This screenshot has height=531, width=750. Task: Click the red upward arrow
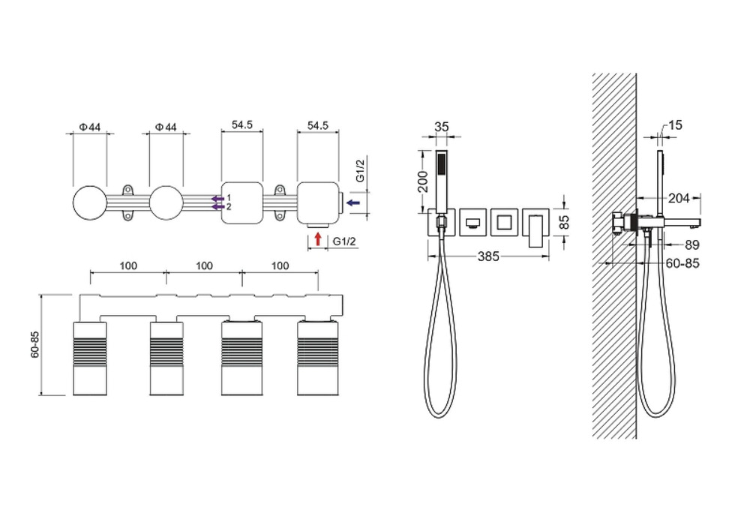(317, 239)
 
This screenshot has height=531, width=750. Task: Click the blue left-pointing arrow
(353, 202)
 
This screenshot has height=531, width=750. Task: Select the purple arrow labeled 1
(218, 199)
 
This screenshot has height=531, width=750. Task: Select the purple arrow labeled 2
(218, 207)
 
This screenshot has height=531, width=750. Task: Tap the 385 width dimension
(488, 256)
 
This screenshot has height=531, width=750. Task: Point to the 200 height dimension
(423, 181)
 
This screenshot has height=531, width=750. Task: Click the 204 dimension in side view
(679, 197)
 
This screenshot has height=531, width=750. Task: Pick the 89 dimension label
(691, 245)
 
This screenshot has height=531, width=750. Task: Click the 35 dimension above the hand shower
(442, 127)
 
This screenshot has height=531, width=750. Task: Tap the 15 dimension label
(674, 125)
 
